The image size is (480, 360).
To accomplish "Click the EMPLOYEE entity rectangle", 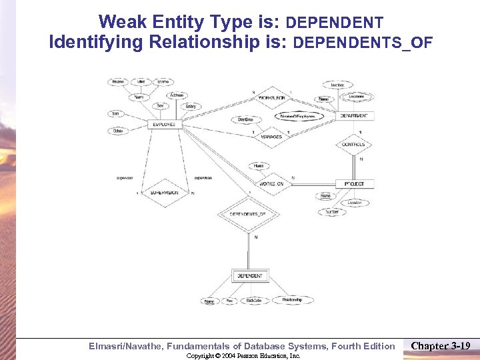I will click(x=164, y=125).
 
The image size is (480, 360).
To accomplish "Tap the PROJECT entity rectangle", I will click(x=355, y=183).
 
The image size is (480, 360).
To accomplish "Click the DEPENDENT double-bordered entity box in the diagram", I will click(x=249, y=275).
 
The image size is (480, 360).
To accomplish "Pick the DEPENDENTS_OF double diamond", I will click(x=247, y=214).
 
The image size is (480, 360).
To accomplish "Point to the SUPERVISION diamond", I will click(x=164, y=193).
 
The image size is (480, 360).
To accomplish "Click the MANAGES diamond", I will click(x=271, y=136).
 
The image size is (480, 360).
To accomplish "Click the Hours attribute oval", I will click(x=259, y=165).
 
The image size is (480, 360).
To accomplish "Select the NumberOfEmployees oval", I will click(x=297, y=116).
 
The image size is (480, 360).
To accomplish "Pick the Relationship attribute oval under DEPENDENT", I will click(x=291, y=300).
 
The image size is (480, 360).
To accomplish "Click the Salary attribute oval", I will click(x=191, y=107).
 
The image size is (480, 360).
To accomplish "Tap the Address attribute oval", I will click(x=177, y=95).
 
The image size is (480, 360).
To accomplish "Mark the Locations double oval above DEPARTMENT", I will click(x=357, y=97).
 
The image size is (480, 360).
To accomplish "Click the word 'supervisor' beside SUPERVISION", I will click(x=125, y=177).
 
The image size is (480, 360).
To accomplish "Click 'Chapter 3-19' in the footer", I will click(x=441, y=345).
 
